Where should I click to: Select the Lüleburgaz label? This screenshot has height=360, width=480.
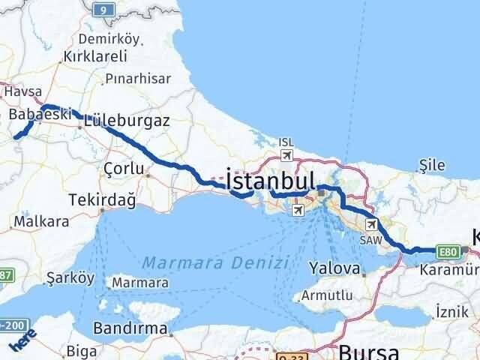[127, 119]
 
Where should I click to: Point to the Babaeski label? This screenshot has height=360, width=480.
[40, 114]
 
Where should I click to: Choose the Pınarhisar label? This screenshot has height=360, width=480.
[138, 78]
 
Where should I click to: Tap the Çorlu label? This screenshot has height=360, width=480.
[124, 169]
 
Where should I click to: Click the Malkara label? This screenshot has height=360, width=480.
[41, 221]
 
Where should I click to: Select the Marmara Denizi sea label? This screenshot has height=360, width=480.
[214, 262]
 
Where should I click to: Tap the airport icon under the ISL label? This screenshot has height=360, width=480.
[286, 154]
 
